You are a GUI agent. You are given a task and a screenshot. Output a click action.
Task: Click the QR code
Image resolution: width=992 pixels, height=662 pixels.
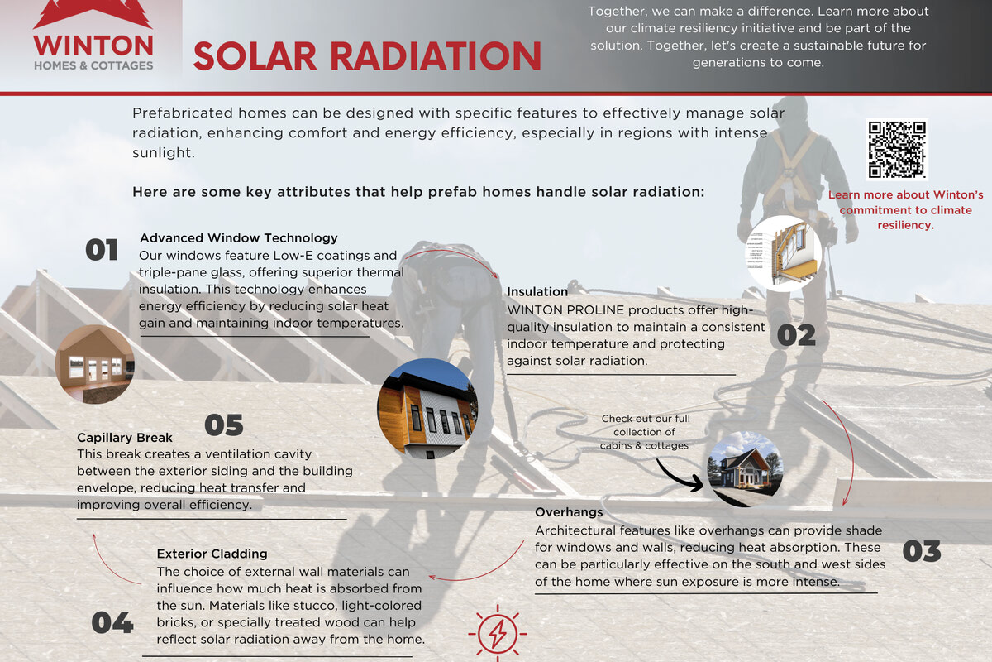click(x=897, y=150)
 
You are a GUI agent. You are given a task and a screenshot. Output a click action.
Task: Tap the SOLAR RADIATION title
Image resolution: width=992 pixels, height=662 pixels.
click(x=367, y=56)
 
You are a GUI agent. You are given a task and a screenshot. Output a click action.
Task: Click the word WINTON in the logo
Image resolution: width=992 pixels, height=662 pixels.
click(x=93, y=46)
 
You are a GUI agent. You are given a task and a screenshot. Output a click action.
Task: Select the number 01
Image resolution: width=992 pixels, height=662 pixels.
click(x=102, y=250)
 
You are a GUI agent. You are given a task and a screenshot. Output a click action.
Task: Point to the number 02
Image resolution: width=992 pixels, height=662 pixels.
click(x=796, y=335)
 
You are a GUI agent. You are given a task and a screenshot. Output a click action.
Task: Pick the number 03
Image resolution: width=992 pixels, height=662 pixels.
click(x=922, y=552)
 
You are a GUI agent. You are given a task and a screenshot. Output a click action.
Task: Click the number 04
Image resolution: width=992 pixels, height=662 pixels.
click(x=112, y=622)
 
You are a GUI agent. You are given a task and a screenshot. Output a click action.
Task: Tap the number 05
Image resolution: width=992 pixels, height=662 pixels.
click(x=224, y=425)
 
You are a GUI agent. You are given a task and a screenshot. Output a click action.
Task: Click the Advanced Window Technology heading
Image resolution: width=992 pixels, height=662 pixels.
click(x=239, y=238)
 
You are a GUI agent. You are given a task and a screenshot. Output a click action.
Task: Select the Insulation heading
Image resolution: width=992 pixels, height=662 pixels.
click(x=537, y=292)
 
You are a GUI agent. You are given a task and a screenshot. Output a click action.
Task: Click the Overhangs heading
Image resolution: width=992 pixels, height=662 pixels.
click(x=569, y=512)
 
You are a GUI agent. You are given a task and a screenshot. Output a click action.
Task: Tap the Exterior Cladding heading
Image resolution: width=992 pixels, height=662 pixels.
click(x=212, y=554)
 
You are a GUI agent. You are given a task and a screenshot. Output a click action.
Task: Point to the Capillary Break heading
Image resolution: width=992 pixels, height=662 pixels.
click(x=125, y=438)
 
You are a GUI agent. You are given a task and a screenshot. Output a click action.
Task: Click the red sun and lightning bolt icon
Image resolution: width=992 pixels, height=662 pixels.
click(x=498, y=633)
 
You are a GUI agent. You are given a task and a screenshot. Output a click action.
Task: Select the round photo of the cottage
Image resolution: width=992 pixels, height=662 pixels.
click(x=746, y=469)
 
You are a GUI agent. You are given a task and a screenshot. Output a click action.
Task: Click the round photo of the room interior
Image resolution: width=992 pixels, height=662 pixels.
click(x=95, y=364)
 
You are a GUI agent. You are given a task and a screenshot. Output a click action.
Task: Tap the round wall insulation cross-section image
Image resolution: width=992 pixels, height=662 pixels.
click(x=784, y=254)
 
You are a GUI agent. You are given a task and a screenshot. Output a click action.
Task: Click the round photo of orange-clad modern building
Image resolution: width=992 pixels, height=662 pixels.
click(x=427, y=409)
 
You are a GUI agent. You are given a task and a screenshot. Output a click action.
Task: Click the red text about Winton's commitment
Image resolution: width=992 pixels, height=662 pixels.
click(x=905, y=209)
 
